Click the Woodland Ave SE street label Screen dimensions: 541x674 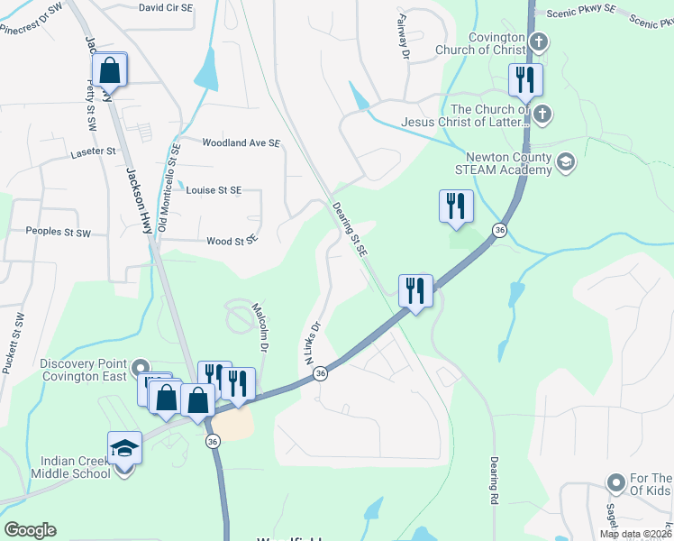pos(241,143)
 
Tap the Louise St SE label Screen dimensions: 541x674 pos(214,190)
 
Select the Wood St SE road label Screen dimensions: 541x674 pos(232,241)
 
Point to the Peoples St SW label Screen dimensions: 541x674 pos(59,233)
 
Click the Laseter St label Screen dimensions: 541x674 pos(94,153)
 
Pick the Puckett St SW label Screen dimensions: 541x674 pos(14,344)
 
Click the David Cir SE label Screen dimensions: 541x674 pos(166,7)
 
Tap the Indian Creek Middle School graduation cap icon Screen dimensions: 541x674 pos(124,448)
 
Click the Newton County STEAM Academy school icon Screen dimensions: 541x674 pos(566,162)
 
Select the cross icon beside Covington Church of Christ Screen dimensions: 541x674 pos(539,41)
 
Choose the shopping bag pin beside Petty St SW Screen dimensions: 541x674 pos(109,69)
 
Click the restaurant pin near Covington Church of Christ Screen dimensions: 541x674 pos(525,80)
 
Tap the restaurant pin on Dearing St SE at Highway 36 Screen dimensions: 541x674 pos(414,290)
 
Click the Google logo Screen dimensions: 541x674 pos(30,530)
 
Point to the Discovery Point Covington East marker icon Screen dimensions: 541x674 pos(140,369)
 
